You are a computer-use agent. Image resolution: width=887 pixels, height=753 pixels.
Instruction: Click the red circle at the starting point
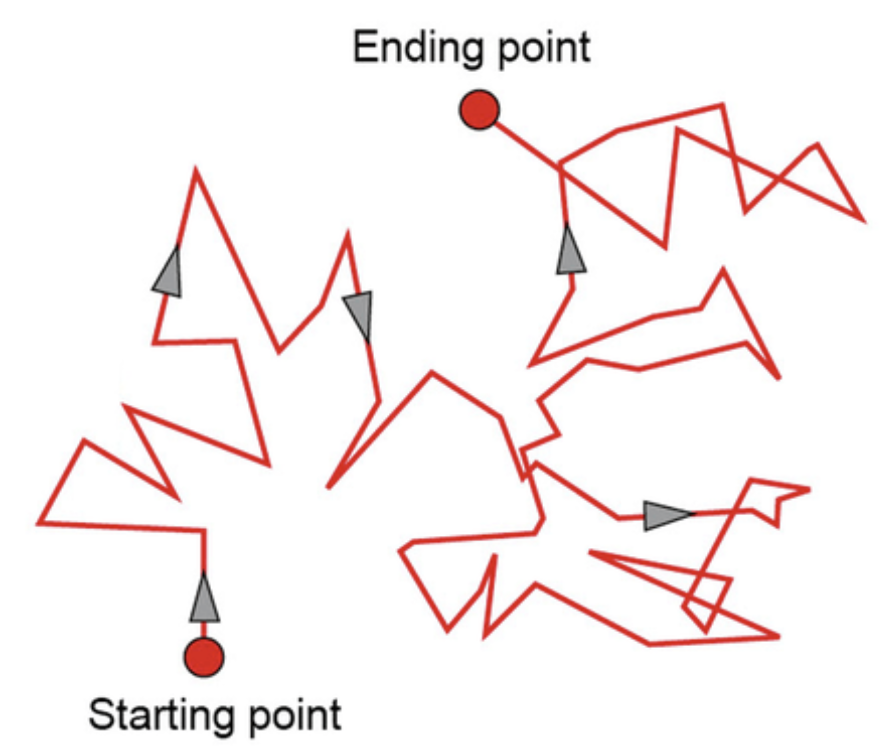[x=204, y=657]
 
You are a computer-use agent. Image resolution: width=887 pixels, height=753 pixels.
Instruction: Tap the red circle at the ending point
[x=479, y=110]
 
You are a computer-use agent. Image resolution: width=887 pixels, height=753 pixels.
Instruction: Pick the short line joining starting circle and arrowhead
[x=204, y=629]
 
